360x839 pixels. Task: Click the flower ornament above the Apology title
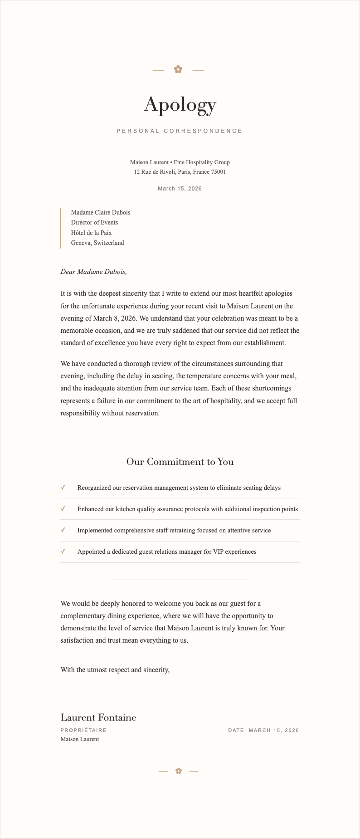[178, 69]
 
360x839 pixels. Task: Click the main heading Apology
[180, 105]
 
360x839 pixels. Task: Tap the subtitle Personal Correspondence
[180, 131]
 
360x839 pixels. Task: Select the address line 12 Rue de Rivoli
[180, 172]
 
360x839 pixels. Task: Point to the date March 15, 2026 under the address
[180, 189]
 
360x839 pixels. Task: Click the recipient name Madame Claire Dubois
[101, 212]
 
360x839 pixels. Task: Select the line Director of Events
[94, 222]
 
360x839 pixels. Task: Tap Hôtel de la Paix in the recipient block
[91, 233]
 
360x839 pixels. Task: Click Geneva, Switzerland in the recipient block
[97, 243]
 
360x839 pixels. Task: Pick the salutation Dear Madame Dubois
[94, 272]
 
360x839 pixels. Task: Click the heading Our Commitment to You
[180, 462]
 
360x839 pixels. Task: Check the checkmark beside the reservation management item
[63, 488]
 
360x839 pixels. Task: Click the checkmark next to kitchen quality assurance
[63, 509]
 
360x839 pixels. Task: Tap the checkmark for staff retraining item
[63, 530]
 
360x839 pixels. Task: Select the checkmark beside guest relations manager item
[63, 551]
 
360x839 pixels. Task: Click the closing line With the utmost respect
[115, 669]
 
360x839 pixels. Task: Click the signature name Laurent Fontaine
[98, 717]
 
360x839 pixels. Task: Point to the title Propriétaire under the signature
[83, 730]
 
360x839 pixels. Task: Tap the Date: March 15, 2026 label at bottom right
[263, 730]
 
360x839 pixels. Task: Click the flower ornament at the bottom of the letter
[179, 771]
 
